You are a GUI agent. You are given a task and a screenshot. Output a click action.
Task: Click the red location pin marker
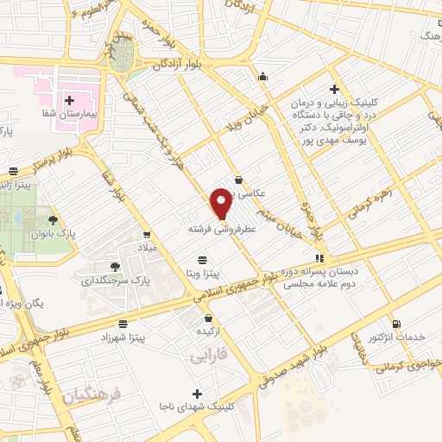[x=222, y=205]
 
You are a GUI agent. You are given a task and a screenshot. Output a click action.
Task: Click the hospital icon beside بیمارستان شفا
[x=68, y=101]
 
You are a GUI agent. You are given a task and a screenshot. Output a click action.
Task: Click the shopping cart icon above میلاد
[x=148, y=234]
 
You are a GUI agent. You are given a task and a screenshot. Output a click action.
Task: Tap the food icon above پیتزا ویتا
[x=202, y=259]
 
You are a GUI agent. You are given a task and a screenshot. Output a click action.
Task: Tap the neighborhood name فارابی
[x=208, y=355]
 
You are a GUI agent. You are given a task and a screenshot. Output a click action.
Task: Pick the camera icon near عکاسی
[x=238, y=180]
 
